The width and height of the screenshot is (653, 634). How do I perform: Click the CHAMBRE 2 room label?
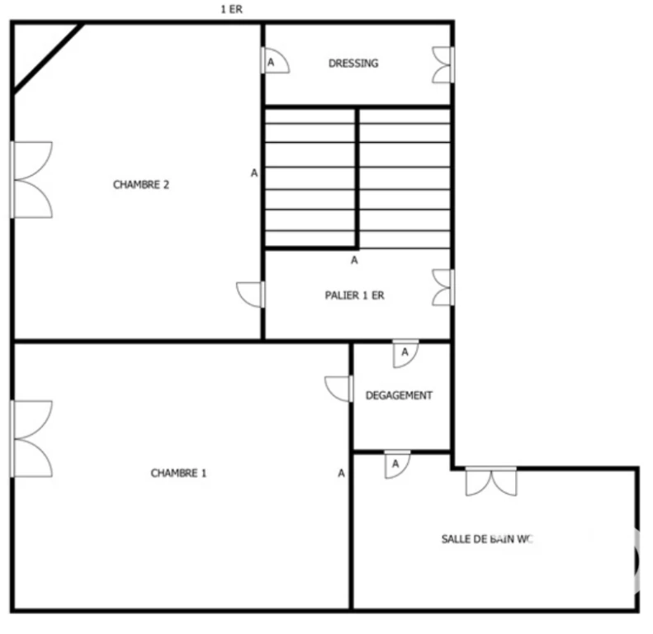pyautogui.click(x=141, y=185)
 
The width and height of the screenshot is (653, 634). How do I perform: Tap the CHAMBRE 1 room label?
pyautogui.click(x=178, y=473)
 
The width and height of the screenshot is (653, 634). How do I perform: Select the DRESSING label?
pyautogui.click(x=353, y=64)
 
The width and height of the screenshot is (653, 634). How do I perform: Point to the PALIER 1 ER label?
pyautogui.click(x=354, y=296)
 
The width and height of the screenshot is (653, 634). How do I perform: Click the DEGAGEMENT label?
pyautogui.click(x=399, y=395)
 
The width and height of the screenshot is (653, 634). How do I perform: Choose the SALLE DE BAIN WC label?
pyautogui.click(x=487, y=539)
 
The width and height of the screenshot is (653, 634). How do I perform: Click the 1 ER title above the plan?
pyautogui.click(x=231, y=9)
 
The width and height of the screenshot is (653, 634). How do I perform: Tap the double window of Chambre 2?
pyautogui.click(x=31, y=180)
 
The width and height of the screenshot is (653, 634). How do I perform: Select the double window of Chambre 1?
pyautogui.click(x=31, y=438)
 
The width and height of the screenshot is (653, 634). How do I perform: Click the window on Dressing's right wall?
pyautogui.click(x=443, y=64)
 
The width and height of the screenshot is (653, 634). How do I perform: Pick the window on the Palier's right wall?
pyautogui.click(x=443, y=287)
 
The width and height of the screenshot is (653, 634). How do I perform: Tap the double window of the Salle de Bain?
pyautogui.click(x=491, y=481)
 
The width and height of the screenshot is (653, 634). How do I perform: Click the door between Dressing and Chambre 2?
pyautogui.click(x=275, y=61)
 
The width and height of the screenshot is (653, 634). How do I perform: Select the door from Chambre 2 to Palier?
pyautogui.click(x=251, y=295)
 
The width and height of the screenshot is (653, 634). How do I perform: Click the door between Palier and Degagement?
pyautogui.click(x=405, y=354)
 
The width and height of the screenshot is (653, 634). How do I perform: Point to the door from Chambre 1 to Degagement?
pyautogui.click(x=339, y=389)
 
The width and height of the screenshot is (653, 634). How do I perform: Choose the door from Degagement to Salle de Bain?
pyautogui.click(x=397, y=465)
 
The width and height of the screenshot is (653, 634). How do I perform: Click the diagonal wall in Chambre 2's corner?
pyautogui.click(x=48, y=59)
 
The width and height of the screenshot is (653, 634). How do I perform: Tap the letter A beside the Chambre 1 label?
pyautogui.click(x=342, y=473)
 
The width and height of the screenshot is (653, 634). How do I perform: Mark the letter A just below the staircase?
pyautogui.click(x=354, y=260)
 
